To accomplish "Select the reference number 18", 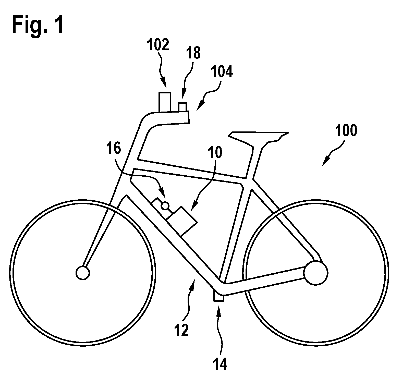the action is tap(193, 53).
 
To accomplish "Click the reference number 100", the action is tap(346, 131).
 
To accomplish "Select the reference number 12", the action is tap(182, 330).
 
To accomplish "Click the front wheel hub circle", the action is tap(83, 273).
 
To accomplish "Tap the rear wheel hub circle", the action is tap(315, 273).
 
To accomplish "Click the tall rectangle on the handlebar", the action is tap(165, 102).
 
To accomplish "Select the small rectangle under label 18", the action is tap(182, 107).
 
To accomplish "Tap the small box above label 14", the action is tap(219, 296).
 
